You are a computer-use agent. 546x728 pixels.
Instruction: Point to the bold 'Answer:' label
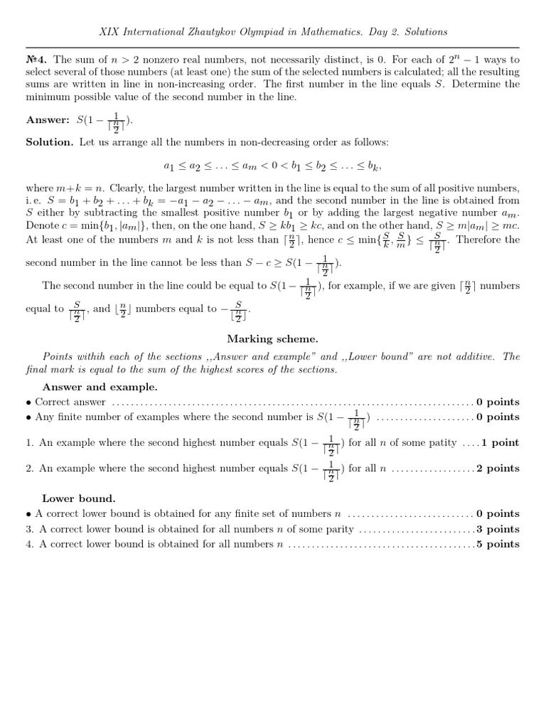coord(48,119)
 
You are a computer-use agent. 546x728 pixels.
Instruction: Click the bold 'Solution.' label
coord(49,142)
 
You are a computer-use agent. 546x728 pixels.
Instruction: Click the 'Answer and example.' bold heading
coord(100,387)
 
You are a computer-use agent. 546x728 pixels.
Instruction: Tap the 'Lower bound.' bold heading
coord(78,498)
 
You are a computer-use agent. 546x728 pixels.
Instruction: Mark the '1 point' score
coord(500,442)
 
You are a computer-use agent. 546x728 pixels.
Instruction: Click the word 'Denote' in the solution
coord(42,225)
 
